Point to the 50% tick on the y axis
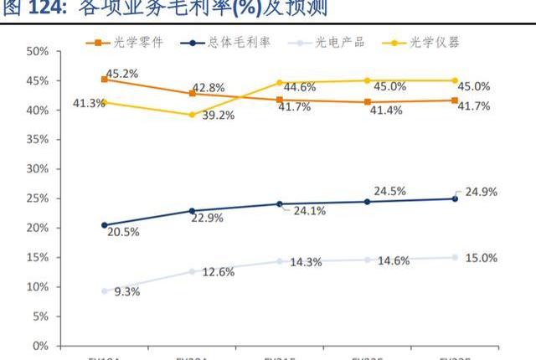coord(37,52)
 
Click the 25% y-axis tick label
coord(37,198)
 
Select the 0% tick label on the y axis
coord(40,346)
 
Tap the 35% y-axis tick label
coord(37,140)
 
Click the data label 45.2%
coord(122,74)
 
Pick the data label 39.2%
coord(218,116)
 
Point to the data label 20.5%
coord(123,232)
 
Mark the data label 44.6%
coord(299,87)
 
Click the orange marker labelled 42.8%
coord(193,94)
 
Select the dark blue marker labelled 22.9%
coord(193,211)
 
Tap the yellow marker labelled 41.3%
coord(105,103)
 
